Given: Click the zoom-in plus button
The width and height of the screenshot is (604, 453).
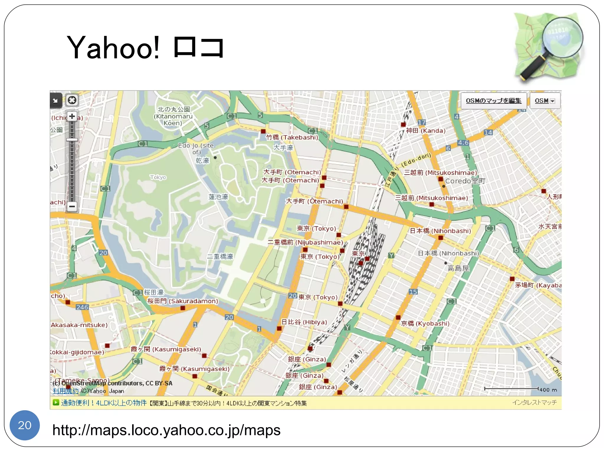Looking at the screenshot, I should [72, 116].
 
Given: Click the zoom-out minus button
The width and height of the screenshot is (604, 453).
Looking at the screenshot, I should [72, 206].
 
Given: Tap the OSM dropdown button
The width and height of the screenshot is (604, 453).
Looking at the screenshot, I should [545, 101].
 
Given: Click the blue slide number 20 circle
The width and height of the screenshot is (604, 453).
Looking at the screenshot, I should [25, 425].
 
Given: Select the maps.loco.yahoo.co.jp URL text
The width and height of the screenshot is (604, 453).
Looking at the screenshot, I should [166, 430].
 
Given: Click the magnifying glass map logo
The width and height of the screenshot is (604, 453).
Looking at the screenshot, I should [549, 47].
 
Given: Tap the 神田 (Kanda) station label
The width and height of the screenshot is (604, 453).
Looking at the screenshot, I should [425, 131].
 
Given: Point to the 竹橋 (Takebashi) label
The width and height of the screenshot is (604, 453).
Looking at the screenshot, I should [292, 137].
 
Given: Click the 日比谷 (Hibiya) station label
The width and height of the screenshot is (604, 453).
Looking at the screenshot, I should [304, 322].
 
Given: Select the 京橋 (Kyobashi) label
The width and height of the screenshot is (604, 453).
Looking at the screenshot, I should [425, 324].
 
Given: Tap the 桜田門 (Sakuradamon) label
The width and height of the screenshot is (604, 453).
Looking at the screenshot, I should [183, 301].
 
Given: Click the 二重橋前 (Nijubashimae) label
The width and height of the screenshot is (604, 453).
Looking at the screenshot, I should [305, 242].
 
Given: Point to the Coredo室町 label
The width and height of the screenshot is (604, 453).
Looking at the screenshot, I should [465, 181].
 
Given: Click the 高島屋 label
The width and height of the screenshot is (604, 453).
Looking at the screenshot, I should [458, 268].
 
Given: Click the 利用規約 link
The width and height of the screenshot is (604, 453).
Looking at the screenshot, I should [65, 391].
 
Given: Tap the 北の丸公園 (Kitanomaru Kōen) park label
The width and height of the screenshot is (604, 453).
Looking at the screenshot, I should [173, 116].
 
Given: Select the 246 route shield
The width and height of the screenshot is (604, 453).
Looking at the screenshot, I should [82, 307].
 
